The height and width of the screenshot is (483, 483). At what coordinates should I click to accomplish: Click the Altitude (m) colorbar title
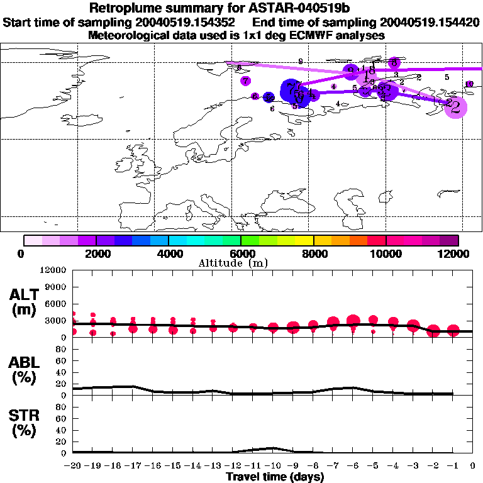(x=241, y=264)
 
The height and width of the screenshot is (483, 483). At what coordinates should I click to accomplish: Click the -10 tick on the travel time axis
(x=273, y=465)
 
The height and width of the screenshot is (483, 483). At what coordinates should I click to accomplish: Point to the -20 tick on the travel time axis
(x=73, y=465)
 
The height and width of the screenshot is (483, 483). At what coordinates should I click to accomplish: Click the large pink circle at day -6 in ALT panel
(x=353, y=321)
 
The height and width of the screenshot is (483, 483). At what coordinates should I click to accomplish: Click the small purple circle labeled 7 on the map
(x=245, y=80)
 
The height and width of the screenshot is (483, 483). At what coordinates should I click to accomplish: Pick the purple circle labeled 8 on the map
(x=394, y=62)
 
